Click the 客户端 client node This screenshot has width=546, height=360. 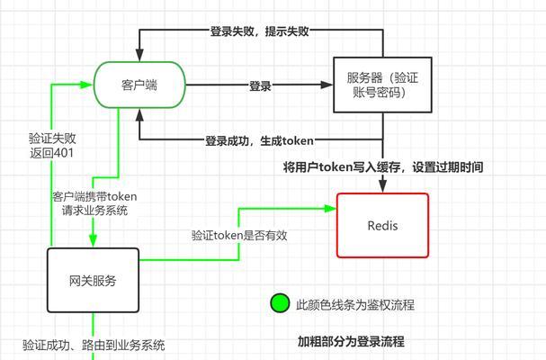pos(139,85)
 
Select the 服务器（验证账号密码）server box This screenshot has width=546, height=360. pos(382,85)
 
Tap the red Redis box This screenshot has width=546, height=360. pos(382,226)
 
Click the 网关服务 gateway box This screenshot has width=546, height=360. pos(93,280)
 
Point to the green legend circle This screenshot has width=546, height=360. pos(280,303)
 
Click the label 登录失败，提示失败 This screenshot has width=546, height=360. pos(259,31)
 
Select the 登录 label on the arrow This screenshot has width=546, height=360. pos(260,85)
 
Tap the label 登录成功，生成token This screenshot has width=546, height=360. pos(259,140)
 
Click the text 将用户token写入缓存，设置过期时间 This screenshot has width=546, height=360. pos(383,167)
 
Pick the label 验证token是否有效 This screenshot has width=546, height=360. pos(239,235)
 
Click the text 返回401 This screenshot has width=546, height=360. pos(51,153)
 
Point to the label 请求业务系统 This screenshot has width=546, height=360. pos(94,211)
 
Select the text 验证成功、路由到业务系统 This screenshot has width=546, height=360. pos(94,345)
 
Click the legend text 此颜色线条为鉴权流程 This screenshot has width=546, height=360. pos(355,305)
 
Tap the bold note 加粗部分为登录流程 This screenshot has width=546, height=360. pos(351,341)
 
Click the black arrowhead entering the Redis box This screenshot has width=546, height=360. pos(382,184)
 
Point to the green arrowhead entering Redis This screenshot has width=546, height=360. pos(330,209)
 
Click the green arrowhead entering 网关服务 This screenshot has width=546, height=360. pos(93,240)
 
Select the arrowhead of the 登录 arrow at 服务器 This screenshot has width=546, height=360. pos(327,85)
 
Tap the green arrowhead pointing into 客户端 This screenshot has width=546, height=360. pos(86,85)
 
